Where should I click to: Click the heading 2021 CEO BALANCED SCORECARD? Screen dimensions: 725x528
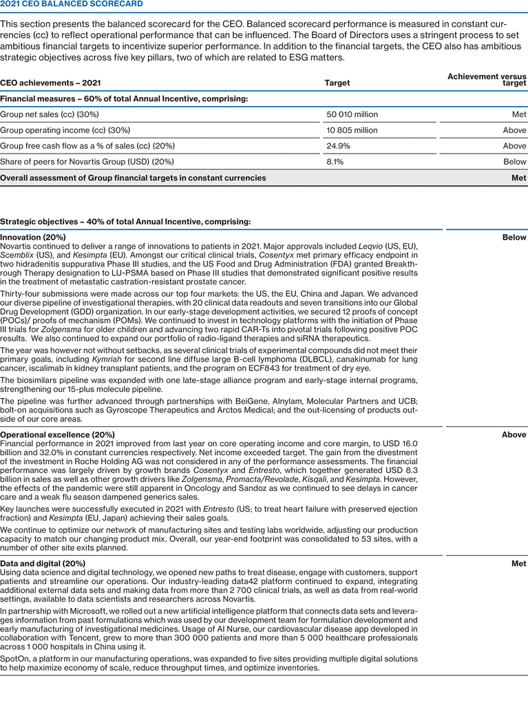click(72, 4)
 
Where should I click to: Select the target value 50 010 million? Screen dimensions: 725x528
click(352, 114)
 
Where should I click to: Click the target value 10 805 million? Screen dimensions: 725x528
click(352, 130)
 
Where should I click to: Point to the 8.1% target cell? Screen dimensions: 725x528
click(335, 162)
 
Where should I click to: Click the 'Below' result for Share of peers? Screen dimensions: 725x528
click(515, 162)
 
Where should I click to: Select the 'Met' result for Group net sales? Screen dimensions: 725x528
click(519, 114)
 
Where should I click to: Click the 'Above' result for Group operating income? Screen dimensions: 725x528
click(514, 130)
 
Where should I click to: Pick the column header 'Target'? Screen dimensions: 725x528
click(337, 83)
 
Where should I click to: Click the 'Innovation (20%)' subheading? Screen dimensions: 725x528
click(33, 237)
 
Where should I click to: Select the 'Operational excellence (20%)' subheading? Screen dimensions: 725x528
click(57, 434)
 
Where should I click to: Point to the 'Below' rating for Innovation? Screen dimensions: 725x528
click(515, 237)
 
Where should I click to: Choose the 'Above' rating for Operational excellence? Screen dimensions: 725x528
click(514, 434)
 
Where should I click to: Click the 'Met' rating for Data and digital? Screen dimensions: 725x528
click(519, 563)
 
